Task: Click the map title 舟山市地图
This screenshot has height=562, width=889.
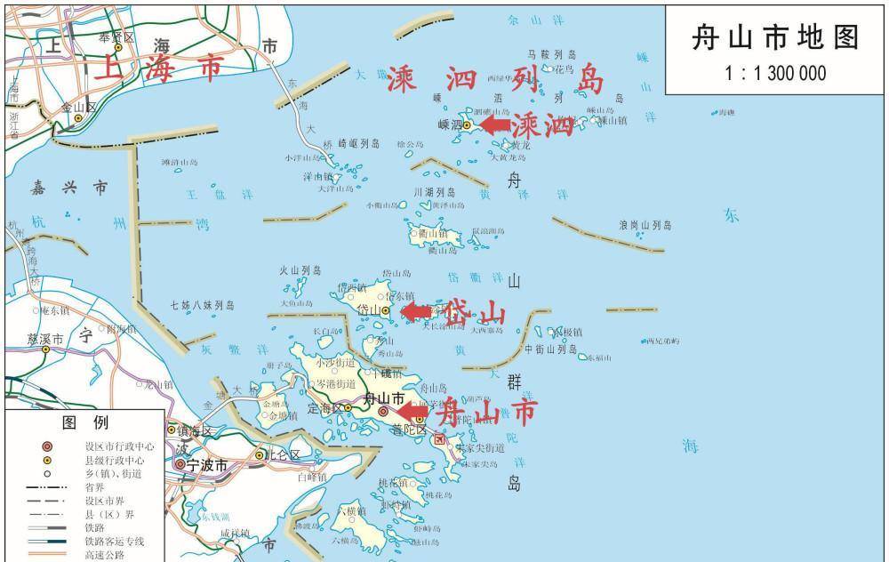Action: [x=775, y=38]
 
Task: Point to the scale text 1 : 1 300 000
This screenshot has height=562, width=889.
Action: [x=775, y=73]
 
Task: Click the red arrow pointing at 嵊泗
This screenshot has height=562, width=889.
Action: [x=496, y=124]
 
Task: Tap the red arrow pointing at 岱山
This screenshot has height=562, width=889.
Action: [x=416, y=310]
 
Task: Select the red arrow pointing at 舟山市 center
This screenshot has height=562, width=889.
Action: [x=412, y=413]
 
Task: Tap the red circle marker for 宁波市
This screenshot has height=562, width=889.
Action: [x=180, y=464]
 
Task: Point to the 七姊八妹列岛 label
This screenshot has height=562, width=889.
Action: [x=203, y=305]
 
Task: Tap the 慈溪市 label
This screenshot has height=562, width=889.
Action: [x=45, y=339]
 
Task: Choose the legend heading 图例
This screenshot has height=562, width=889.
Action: [x=84, y=421]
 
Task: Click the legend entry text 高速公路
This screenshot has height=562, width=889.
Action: [x=105, y=555]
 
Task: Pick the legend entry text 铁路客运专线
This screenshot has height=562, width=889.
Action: [x=114, y=542]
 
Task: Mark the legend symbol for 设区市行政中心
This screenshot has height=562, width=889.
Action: [x=47, y=446]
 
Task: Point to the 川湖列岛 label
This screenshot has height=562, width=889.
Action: [x=434, y=192]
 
